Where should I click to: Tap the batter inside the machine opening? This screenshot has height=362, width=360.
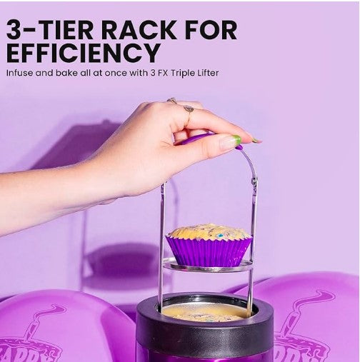(204, 312)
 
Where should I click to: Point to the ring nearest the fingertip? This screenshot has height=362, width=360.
(189, 109)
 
